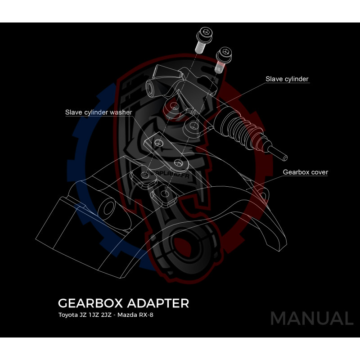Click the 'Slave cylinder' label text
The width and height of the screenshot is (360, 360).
click(287, 79)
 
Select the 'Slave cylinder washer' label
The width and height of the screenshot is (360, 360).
click(99, 112)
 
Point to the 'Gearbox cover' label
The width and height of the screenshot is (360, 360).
click(306, 172)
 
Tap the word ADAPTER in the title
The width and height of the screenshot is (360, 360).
click(162, 303)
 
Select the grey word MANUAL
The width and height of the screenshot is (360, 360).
click(311, 318)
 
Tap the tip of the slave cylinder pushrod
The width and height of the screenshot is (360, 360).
click(284, 157)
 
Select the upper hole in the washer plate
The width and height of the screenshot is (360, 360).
click(158, 143)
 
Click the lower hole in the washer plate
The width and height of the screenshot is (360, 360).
click(179, 162)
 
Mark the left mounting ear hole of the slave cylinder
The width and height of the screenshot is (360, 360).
click(172, 106)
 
